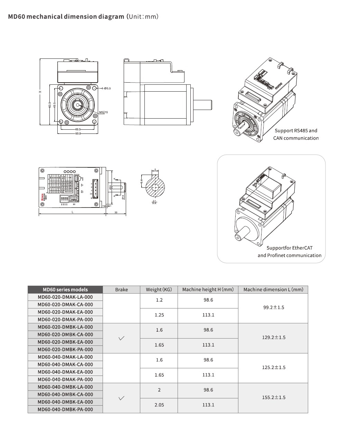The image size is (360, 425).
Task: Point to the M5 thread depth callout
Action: point(103,112)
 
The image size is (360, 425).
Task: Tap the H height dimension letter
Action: point(40,92)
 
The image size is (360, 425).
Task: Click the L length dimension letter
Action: point(72,212)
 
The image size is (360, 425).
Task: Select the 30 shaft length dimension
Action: point(116,212)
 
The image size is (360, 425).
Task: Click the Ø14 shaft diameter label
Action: point(123,197)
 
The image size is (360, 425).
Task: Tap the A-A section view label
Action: point(154,203)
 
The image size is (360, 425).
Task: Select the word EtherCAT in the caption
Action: point(302,248)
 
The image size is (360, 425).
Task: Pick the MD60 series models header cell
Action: point(65,290)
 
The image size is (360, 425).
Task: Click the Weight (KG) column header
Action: point(159,290)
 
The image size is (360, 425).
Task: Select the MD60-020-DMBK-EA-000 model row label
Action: point(65,342)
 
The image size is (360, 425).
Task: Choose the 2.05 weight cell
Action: point(159,405)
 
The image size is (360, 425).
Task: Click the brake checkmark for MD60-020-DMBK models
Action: point(121,338)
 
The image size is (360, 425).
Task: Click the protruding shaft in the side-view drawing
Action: point(202,104)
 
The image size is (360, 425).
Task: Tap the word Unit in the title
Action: point(136,17)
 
